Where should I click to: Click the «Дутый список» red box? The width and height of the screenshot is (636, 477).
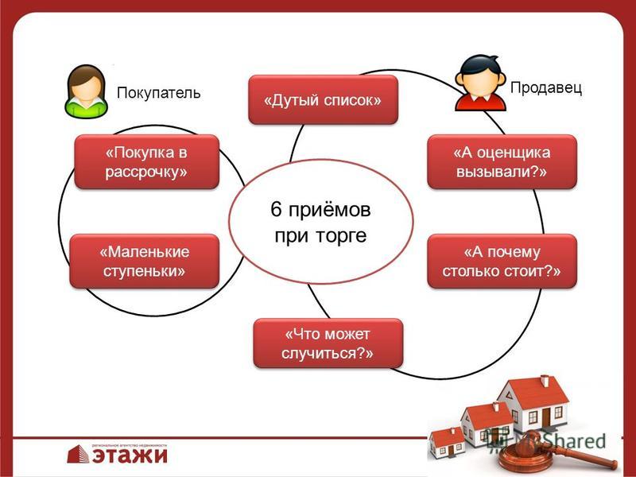pyautogui.click(x=324, y=100)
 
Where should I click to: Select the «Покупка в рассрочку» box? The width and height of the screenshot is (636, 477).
pyautogui.click(x=146, y=162)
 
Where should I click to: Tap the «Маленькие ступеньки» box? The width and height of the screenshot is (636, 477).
pyautogui.click(x=145, y=262)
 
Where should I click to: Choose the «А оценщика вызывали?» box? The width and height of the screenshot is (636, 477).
pyautogui.click(x=502, y=162)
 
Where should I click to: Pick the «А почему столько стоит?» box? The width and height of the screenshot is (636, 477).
pyautogui.click(x=502, y=262)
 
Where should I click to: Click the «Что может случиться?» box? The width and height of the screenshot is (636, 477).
pyautogui.click(x=328, y=343)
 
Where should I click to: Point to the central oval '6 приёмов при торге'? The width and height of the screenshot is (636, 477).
pyautogui.click(x=321, y=222)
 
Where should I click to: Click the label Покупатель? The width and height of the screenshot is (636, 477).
pyautogui.click(x=158, y=93)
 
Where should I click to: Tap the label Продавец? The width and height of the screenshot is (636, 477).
pyautogui.click(x=546, y=87)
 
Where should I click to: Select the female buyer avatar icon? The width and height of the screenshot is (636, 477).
pyautogui.click(x=86, y=91)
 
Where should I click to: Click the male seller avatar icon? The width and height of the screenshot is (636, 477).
pyautogui.click(x=480, y=83)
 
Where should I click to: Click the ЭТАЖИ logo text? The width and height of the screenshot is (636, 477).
pyautogui.click(x=130, y=455)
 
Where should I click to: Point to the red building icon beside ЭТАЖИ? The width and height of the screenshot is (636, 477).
pyautogui.click(x=78, y=454)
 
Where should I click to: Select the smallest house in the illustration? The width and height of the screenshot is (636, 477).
pyautogui.click(x=447, y=442)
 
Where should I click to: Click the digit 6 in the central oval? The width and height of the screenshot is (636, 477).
pyautogui.click(x=276, y=210)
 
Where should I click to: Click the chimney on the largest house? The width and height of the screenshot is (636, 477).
pyautogui.click(x=545, y=381)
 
